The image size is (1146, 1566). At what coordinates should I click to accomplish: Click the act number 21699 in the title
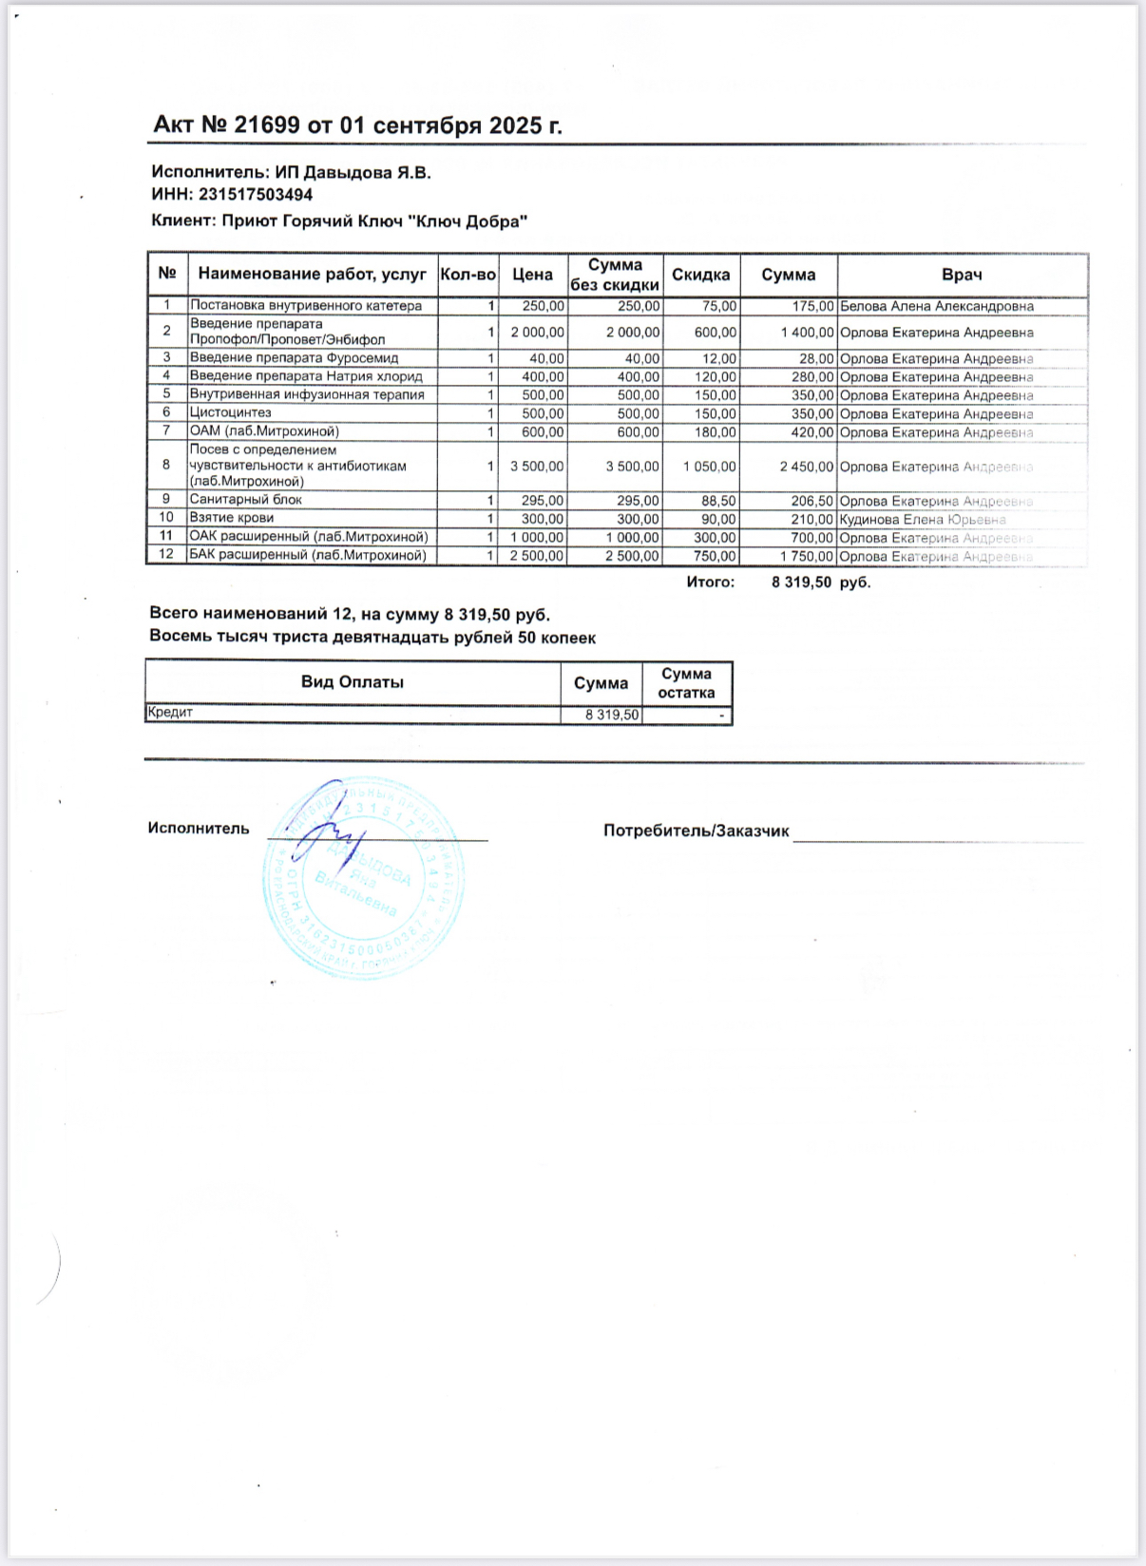(267, 125)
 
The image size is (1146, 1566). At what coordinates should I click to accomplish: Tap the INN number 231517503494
(256, 195)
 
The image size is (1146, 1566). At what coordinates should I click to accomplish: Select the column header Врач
(962, 275)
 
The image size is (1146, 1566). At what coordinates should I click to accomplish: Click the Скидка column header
(701, 275)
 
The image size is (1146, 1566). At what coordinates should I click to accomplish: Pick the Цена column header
(532, 275)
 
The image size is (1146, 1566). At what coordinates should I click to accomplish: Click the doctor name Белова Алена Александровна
(937, 306)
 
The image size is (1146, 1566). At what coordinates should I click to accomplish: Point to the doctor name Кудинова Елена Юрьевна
(922, 520)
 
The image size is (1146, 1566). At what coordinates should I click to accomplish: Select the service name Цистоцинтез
(231, 412)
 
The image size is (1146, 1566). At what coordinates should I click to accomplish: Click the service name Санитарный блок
(246, 500)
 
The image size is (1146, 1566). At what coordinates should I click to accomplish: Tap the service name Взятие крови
(232, 518)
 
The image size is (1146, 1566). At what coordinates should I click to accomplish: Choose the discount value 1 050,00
(710, 467)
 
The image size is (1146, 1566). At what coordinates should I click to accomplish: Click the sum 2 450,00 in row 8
(807, 467)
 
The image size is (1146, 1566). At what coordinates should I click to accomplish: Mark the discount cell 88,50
(717, 501)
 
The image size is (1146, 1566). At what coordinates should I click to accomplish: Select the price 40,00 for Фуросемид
(546, 358)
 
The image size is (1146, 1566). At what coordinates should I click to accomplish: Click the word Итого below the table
(710, 582)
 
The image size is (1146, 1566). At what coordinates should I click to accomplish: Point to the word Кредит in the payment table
(170, 712)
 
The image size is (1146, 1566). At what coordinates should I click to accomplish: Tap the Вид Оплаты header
(353, 682)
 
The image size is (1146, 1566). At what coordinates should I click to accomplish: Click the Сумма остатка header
(686, 683)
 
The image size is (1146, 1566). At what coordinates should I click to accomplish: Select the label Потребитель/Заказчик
(696, 831)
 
